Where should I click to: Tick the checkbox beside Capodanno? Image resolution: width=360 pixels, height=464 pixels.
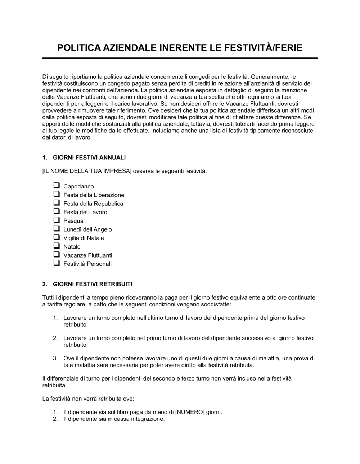57,186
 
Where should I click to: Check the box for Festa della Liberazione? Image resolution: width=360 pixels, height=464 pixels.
57,195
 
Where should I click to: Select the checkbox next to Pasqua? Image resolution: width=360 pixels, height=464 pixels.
57,220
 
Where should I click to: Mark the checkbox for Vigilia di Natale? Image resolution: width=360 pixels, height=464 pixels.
57,238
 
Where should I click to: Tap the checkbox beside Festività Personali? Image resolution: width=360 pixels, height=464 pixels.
57,264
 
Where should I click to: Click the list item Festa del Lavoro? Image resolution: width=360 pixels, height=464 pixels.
85,212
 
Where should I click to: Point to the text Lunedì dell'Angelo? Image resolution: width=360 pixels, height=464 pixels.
87,229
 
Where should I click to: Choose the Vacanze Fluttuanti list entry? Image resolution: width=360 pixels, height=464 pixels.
88,255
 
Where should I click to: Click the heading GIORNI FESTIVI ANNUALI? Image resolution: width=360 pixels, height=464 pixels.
89,158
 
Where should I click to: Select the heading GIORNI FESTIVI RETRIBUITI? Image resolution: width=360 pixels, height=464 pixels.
93,284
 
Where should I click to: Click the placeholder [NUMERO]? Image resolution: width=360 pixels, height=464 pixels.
190,412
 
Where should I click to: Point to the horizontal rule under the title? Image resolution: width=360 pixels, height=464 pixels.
180,58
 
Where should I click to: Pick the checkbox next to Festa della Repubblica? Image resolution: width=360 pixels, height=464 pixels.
57,203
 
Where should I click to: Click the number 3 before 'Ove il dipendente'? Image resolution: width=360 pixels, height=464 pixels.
55,358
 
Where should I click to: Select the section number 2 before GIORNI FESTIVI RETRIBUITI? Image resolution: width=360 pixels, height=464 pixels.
44,284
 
